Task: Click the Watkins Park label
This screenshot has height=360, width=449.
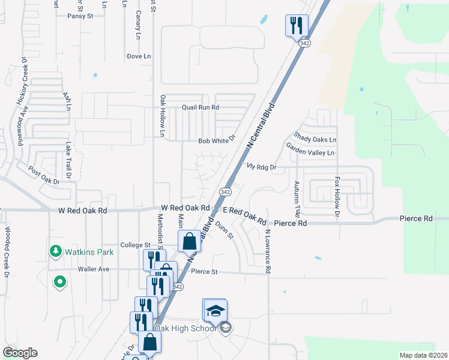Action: (x=90, y=252)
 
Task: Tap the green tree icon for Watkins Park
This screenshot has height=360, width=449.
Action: (x=56, y=251)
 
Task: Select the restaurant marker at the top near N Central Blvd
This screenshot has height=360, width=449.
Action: (x=297, y=25)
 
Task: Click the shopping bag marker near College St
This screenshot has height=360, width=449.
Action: (x=190, y=241)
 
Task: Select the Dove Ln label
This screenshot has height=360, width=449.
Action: (x=139, y=56)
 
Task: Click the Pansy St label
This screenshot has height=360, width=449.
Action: (x=80, y=16)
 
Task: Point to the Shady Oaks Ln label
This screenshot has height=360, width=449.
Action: (x=315, y=139)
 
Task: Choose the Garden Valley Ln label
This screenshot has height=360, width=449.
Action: (x=310, y=153)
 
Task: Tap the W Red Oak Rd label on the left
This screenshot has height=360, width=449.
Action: (x=83, y=211)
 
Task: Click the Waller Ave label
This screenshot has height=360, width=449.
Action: (x=94, y=269)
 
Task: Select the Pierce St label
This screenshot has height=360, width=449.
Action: (x=204, y=272)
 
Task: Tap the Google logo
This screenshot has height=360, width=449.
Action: (x=20, y=353)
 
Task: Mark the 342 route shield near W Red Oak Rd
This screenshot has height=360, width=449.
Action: (x=225, y=192)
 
